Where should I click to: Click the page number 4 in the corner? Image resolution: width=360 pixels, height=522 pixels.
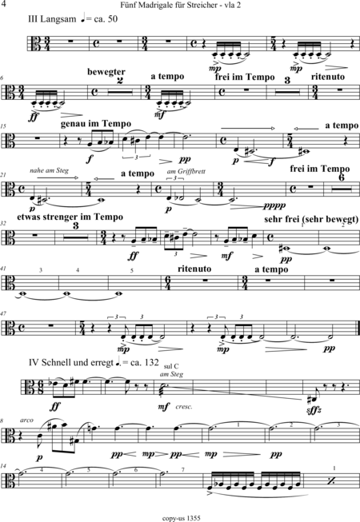tap(4, 4)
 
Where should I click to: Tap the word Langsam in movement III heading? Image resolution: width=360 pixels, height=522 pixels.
tap(58, 19)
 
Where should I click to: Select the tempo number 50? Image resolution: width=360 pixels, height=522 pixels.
tap(113, 18)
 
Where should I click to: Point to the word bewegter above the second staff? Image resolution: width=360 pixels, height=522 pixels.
tap(106, 72)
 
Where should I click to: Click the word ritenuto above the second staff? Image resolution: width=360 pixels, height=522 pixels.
tap(327, 77)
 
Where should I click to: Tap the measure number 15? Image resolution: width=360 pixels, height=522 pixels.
tap(3, 126)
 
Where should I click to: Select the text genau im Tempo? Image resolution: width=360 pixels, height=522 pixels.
tap(96, 124)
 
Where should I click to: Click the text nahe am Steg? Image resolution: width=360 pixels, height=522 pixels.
tap(49, 170)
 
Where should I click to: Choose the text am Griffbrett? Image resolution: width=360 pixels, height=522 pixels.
tap(186, 171)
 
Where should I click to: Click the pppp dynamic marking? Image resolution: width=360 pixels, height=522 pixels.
tap(274, 205)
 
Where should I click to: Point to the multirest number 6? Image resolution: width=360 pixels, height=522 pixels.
tap(342, 178)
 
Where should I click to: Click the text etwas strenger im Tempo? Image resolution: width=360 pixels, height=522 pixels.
tap(70, 217)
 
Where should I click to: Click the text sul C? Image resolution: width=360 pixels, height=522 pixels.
tap(171, 367)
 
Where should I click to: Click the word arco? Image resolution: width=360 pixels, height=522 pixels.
tap(26, 420)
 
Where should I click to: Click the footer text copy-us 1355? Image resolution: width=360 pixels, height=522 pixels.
tap(181, 518)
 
